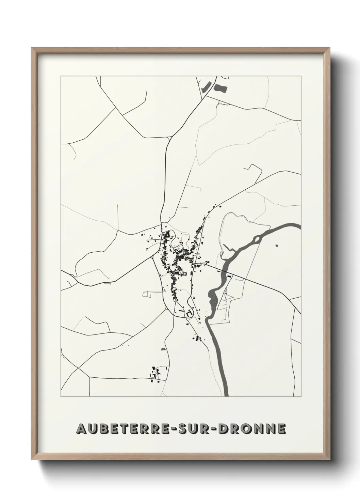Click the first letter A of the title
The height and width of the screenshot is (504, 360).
pyautogui.click(x=82, y=428)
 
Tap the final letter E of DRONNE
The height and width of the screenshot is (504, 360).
pyautogui.click(x=281, y=428)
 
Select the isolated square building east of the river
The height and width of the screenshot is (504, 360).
pyautogui.click(x=276, y=245)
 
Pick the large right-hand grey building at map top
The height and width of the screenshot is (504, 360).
pyautogui.click(x=221, y=88)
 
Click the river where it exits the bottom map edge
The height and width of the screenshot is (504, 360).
pyautogui.click(x=226, y=395)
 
